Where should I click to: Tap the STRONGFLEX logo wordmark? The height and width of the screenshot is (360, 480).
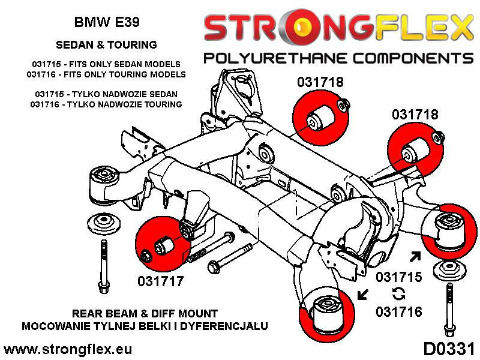(335, 28)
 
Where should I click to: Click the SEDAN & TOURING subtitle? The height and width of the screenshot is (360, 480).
(106, 44)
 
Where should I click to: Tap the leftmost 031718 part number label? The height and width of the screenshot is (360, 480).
(320, 82)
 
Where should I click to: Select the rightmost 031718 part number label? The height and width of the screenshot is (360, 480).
(415, 114)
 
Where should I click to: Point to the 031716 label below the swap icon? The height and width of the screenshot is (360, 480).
(399, 311)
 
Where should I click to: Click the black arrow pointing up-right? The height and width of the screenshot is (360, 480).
(414, 257)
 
